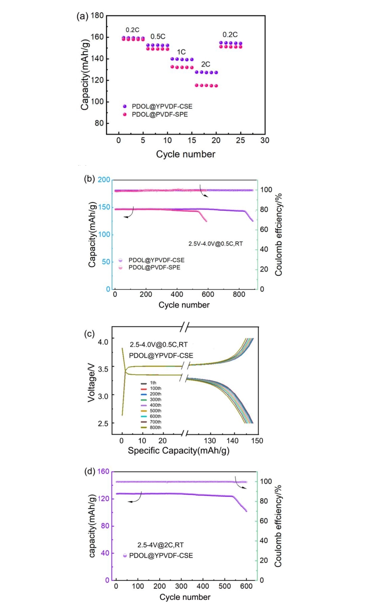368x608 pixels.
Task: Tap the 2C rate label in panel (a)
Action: coord(206,64)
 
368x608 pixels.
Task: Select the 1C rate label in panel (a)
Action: coord(181,52)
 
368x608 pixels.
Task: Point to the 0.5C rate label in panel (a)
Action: coord(158,37)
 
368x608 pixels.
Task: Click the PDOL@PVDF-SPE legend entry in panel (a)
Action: coord(159,114)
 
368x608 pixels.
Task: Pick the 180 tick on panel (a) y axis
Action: coord(97,16)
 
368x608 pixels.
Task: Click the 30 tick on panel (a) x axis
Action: coord(265,141)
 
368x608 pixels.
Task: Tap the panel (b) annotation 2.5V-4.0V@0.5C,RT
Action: coord(215,244)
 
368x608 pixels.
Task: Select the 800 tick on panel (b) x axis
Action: coord(239,294)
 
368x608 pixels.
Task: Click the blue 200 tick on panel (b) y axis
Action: coord(104,180)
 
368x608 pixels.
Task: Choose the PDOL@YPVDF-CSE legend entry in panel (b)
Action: coord(156,260)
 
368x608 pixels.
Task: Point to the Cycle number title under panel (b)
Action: coord(184,305)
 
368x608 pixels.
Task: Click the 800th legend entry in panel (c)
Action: coord(155,427)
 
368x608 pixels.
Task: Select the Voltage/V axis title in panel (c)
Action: coord(91,382)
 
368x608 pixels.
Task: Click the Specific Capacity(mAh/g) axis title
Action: coord(179,451)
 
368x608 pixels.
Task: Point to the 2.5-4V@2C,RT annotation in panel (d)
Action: coord(160,545)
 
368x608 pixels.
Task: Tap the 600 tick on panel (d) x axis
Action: coord(246,586)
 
